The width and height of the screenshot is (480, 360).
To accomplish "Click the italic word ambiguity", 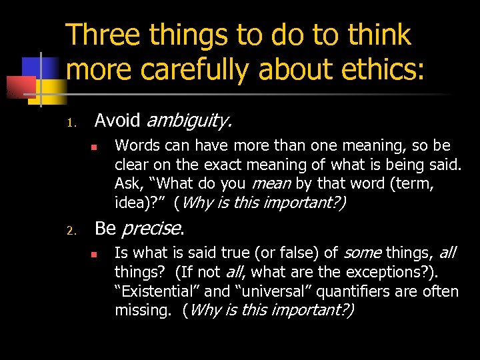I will click(189, 121).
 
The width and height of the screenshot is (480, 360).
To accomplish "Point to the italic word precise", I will click(151, 229).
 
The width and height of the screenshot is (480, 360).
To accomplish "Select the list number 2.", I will click(74, 231).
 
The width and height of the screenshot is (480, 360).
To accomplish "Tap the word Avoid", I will click(117, 121).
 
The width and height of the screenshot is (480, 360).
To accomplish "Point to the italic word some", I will click(363, 253).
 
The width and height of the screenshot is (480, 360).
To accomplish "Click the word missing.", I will click(144, 310).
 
